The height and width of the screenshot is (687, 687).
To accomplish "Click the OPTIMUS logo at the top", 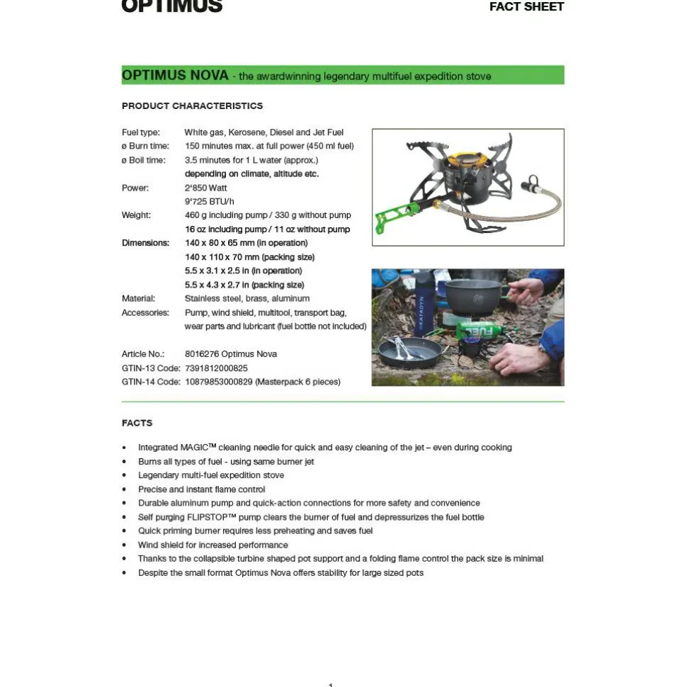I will (172, 6).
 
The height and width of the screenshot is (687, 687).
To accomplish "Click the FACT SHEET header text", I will (526, 7).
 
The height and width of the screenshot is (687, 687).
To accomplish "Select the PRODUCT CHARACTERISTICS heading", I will (192, 106).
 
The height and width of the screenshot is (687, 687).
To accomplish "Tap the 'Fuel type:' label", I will (141, 132).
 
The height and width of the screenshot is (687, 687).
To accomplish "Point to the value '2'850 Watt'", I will (205, 188).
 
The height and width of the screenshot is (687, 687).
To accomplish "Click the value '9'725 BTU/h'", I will (209, 201).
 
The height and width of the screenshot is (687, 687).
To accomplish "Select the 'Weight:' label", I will (136, 215).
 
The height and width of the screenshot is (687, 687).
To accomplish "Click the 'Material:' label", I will (138, 298).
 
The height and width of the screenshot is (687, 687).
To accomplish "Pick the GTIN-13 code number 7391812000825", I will (216, 368).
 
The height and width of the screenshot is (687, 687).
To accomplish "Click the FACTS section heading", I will (137, 423).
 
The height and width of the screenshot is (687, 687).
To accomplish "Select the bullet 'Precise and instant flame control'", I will (202, 489).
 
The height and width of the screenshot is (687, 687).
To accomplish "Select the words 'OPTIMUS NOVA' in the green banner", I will (175, 75).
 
